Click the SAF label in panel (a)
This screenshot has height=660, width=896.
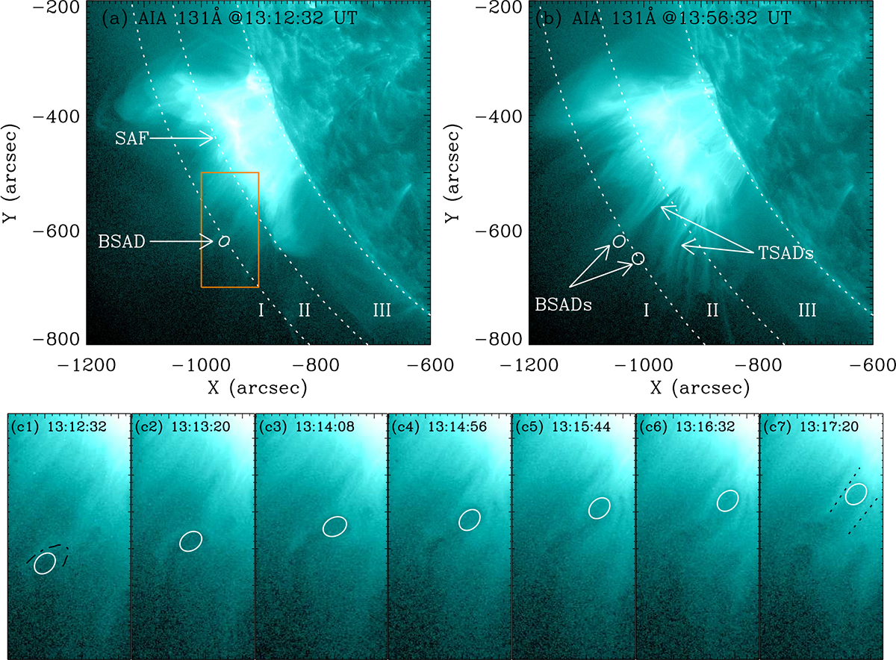[x=131, y=139]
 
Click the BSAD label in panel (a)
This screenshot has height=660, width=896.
[x=122, y=242]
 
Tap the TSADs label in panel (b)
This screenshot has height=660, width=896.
[x=785, y=253]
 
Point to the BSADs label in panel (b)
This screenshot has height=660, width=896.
[x=563, y=305]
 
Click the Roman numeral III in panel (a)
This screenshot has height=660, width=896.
[x=382, y=310]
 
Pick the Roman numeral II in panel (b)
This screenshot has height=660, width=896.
[x=712, y=310]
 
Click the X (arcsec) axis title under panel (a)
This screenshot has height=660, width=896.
[x=258, y=388]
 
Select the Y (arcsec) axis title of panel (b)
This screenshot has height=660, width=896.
[x=452, y=172]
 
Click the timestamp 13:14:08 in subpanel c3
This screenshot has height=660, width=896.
[x=325, y=427]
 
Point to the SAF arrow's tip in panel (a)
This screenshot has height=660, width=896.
[x=214, y=138]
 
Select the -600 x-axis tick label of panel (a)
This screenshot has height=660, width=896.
[x=430, y=365]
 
